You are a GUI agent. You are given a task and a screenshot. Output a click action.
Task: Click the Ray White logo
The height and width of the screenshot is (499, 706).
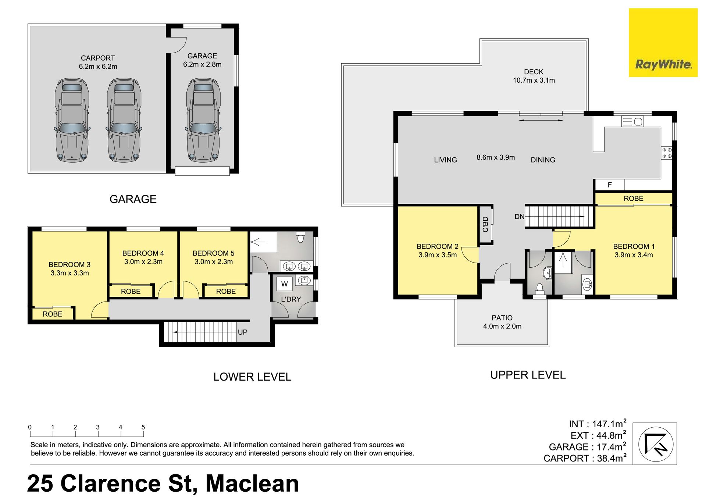(x=663, y=43)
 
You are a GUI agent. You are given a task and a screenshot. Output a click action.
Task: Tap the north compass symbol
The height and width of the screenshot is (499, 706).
(x=656, y=444)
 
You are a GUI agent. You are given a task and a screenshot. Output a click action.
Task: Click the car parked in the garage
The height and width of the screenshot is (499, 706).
(x=203, y=120)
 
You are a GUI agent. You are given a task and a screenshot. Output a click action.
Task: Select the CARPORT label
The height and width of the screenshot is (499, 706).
(x=98, y=58)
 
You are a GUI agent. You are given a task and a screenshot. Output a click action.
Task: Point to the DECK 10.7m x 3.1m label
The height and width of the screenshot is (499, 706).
(x=534, y=76)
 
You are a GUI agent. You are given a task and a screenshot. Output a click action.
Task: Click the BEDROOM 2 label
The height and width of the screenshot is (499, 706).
(x=437, y=246)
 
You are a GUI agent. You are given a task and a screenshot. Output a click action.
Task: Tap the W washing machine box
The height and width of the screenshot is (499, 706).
(x=284, y=284)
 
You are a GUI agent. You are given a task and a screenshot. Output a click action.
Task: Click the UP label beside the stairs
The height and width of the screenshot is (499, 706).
(x=243, y=332)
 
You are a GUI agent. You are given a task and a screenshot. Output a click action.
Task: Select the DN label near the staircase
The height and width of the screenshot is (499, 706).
(x=519, y=217)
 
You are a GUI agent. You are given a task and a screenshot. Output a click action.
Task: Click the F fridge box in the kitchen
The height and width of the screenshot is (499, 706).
(x=610, y=185)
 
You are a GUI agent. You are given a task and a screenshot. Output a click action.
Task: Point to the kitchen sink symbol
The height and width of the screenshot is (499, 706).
(x=632, y=121)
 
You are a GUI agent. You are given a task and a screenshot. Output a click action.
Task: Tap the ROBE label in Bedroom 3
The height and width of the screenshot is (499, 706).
(x=53, y=314)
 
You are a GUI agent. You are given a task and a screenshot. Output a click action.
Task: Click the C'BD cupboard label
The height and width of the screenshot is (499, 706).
(x=485, y=224)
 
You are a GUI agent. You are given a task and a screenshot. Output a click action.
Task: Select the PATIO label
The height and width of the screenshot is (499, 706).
(x=502, y=318)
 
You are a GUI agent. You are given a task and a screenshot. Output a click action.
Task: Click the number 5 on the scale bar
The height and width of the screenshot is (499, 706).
(x=143, y=427)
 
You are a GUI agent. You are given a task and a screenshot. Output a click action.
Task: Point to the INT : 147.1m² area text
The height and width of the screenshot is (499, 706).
(x=598, y=424)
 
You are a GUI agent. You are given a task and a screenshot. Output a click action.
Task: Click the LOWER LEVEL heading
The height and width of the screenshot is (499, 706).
(x=252, y=377)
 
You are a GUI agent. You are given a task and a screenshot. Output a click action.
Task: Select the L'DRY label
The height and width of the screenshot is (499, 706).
(x=291, y=299)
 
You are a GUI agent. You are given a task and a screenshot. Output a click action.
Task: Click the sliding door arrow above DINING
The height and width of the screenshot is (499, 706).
(x=541, y=120)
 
